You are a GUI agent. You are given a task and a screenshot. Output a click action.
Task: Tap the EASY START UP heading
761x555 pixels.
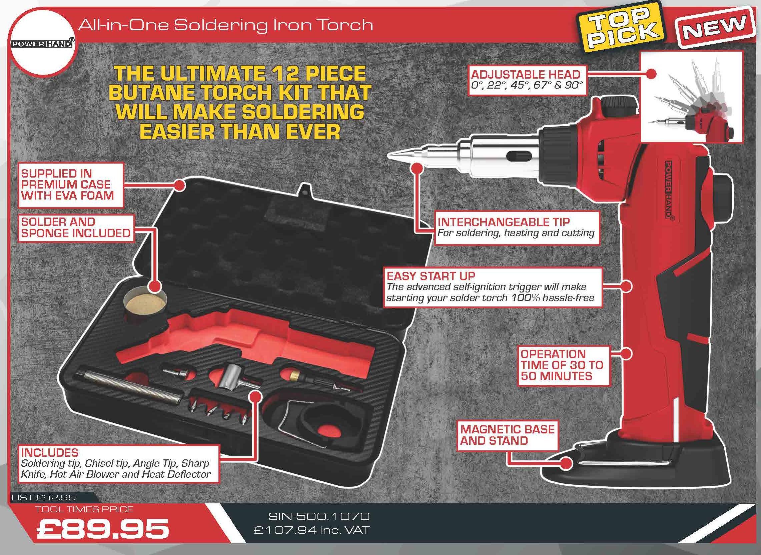pyautogui.click(x=431, y=276)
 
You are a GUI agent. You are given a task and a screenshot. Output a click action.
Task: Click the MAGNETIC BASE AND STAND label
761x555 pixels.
pyautogui.click(x=507, y=435)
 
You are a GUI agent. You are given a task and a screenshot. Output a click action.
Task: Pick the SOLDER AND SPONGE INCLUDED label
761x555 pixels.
pyautogui.click(x=76, y=228)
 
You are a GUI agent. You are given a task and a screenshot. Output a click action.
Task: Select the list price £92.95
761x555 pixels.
pyautogui.click(x=44, y=498)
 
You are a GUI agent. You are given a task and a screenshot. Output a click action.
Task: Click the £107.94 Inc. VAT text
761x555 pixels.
pyautogui.click(x=312, y=530)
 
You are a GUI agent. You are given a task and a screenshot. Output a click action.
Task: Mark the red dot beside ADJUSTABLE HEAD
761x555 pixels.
pyautogui.click(x=651, y=74)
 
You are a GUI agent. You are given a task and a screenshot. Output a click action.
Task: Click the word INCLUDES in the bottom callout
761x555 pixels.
pyautogui.click(x=49, y=452)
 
